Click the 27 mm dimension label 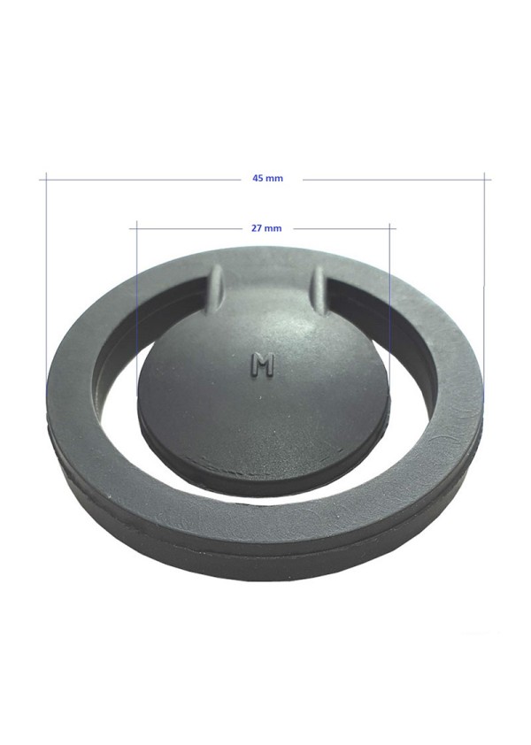[266, 228]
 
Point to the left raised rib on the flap [215, 289]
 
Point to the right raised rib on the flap [319, 290]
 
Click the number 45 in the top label [258, 179]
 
